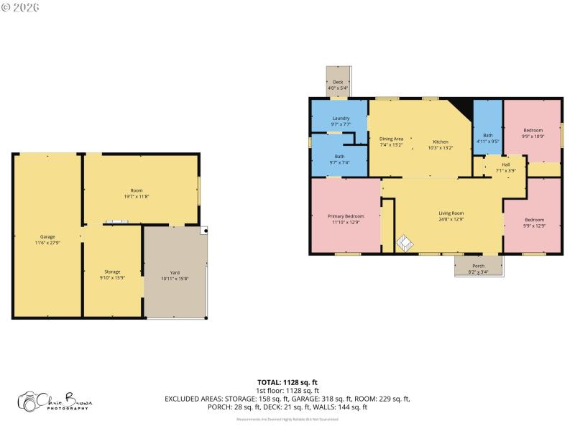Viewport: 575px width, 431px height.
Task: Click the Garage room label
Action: pyautogui.click(x=47, y=236)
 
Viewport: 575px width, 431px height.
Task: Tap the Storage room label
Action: pyautogui.click(x=113, y=272)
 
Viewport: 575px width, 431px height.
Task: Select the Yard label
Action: pyautogui.click(x=175, y=272)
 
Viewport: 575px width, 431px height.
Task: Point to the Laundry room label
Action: pyautogui.click(x=341, y=118)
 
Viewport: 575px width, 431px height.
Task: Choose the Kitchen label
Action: pyautogui.click(x=440, y=142)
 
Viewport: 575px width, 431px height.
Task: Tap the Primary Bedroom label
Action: pyautogui.click(x=346, y=216)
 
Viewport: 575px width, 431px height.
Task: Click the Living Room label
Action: pyautogui.click(x=451, y=213)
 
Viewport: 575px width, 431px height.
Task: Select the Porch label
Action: pyautogui.click(x=478, y=267)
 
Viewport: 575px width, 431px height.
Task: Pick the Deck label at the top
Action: pyautogui.click(x=337, y=82)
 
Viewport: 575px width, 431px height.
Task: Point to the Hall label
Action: pyautogui.click(x=506, y=164)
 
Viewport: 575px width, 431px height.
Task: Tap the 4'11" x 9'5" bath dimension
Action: pyautogui.click(x=488, y=142)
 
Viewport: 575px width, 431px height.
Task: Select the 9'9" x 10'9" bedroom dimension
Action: pyautogui.click(x=533, y=136)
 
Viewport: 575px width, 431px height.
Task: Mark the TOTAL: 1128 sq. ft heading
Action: pyautogui.click(x=287, y=382)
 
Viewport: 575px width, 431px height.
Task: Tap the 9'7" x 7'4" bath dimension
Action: pyautogui.click(x=339, y=162)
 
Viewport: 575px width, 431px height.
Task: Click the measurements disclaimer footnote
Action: pyautogui.click(x=287, y=419)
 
